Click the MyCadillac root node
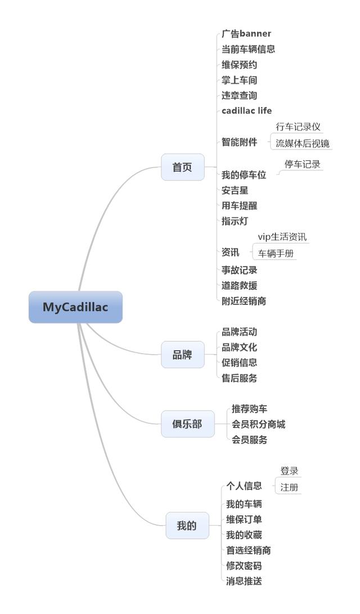[75, 307]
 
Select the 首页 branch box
[183, 167]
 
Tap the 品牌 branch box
[183, 355]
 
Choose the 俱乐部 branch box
[188, 424]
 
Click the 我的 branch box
[187, 526]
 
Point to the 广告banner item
[246, 34]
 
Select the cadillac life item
[247, 111]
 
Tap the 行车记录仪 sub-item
[298, 127]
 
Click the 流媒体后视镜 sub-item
[303, 143]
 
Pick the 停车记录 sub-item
[303, 164]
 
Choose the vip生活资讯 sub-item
[282, 237]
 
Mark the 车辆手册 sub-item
[276, 254]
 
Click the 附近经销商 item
[244, 301]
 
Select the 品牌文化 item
[240, 347]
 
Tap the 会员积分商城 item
[258, 424]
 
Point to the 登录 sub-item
[290, 471]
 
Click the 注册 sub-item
[290, 487]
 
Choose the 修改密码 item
[244, 566]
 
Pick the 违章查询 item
[240, 96]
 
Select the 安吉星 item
[235, 190]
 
